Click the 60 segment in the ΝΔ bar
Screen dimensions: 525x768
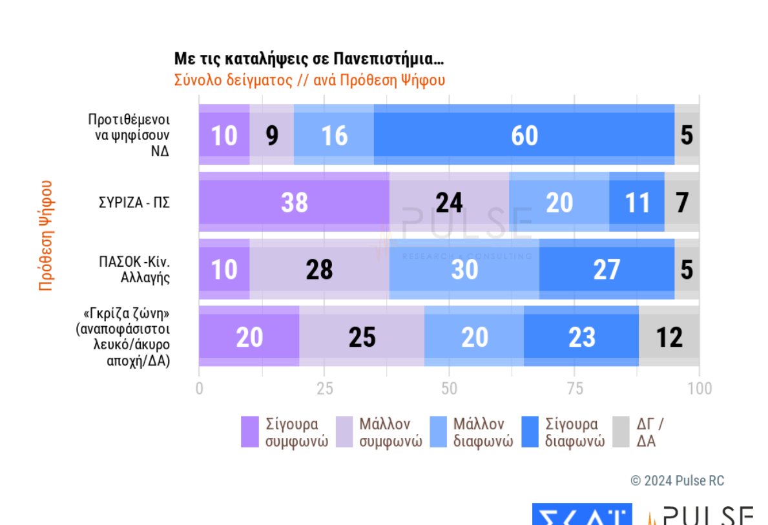click(x=524, y=135)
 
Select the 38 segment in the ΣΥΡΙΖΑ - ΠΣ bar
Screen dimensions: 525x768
click(x=294, y=202)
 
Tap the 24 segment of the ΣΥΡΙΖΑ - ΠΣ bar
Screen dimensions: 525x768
click(x=449, y=202)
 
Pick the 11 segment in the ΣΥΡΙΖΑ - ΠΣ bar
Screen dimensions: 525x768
click(x=637, y=202)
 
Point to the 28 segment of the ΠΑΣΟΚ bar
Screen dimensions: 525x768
click(x=319, y=269)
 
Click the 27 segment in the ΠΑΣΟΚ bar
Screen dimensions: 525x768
click(x=607, y=269)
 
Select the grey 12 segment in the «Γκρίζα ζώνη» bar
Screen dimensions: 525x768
click(x=669, y=336)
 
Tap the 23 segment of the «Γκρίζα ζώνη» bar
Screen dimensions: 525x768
click(x=581, y=336)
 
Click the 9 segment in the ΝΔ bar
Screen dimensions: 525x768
click(x=272, y=135)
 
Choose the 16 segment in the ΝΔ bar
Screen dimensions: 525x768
click(x=334, y=135)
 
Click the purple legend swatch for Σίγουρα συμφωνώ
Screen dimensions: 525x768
click(x=249, y=432)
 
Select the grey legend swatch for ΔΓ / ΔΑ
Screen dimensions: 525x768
click(x=621, y=432)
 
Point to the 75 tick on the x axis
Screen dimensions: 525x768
click(x=575, y=388)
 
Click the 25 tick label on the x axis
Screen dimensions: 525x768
click(x=324, y=388)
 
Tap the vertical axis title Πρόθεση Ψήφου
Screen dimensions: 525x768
click(x=45, y=235)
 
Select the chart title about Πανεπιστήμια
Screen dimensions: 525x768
click(x=309, y=59)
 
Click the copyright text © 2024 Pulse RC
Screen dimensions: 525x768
click(x=677, y=481)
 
